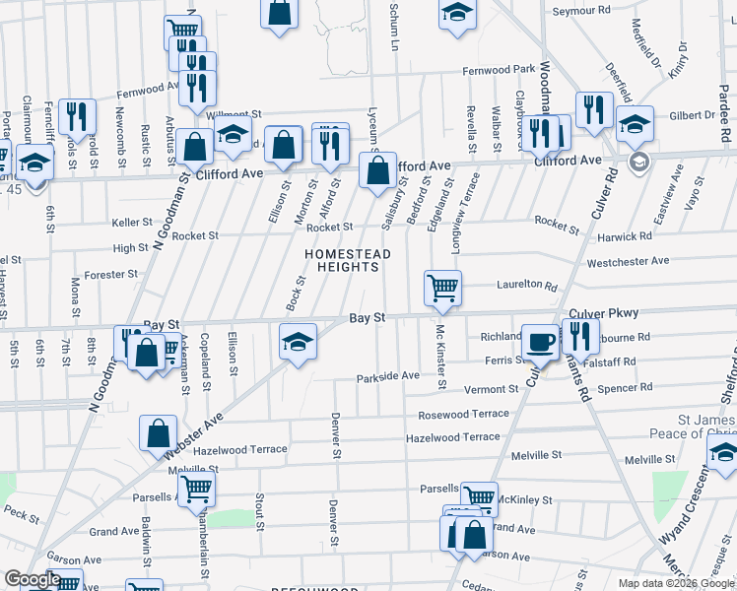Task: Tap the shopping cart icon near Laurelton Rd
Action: click(x=442, y=289)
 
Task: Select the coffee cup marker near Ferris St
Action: click(x=539, y=341)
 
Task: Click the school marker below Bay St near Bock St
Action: click(x=298, y=341)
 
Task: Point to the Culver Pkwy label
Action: click(x=604, y=313)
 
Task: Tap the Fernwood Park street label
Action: click(x=500, y=70)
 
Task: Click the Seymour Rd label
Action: click(x=581, y=11)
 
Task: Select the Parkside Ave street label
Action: click(x=388, y=376)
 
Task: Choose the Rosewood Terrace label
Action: click(x=463, y=415)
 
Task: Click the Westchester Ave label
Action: click(x=627, y=262)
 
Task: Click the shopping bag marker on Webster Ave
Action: click(x=159, y=433)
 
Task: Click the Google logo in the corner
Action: click(x=33, y=579)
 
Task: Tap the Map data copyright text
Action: click(x=676, y=583)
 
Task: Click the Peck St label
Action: click(x=21, y=512)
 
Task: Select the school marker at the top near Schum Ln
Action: click(x=456, y=14)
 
